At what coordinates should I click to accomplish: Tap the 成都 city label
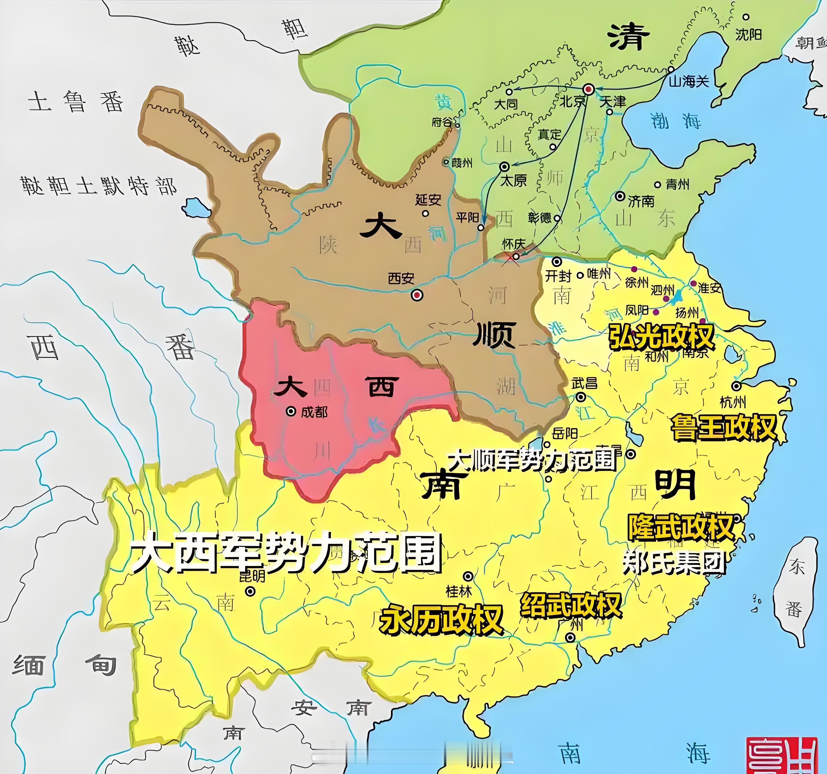[314, 412]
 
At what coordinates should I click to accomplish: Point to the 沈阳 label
[748, 34]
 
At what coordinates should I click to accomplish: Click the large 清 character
[628, 37]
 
